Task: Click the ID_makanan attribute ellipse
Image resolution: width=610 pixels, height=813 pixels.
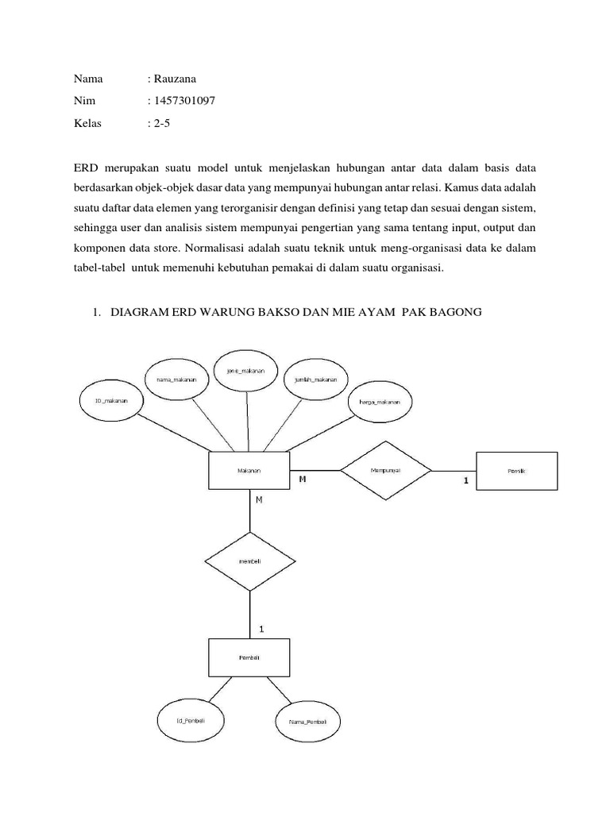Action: [x=111, y=400]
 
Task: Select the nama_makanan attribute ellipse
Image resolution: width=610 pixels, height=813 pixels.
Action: [x=176, y=380]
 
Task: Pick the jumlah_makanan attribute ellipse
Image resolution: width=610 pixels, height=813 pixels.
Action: [x=315, y=380]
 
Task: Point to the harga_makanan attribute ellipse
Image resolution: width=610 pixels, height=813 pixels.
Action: [x=379, y=404]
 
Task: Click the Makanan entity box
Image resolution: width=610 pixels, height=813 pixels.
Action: [x=249, y=470]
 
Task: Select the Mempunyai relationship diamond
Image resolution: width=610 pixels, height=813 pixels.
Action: [x=385, y=471]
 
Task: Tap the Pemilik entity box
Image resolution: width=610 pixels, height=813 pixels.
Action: [x=516, y=470]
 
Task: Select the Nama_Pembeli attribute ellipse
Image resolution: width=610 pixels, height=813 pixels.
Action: [x=306, y=721]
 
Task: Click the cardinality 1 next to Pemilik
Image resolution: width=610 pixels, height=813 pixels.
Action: [x=465, y=481]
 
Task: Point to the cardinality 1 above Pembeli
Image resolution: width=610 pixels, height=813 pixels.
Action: [x=261, y=629]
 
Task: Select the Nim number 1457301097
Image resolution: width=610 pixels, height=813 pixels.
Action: [x=181, y=101]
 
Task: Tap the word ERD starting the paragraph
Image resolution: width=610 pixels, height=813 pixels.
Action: [x=86, y=169]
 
